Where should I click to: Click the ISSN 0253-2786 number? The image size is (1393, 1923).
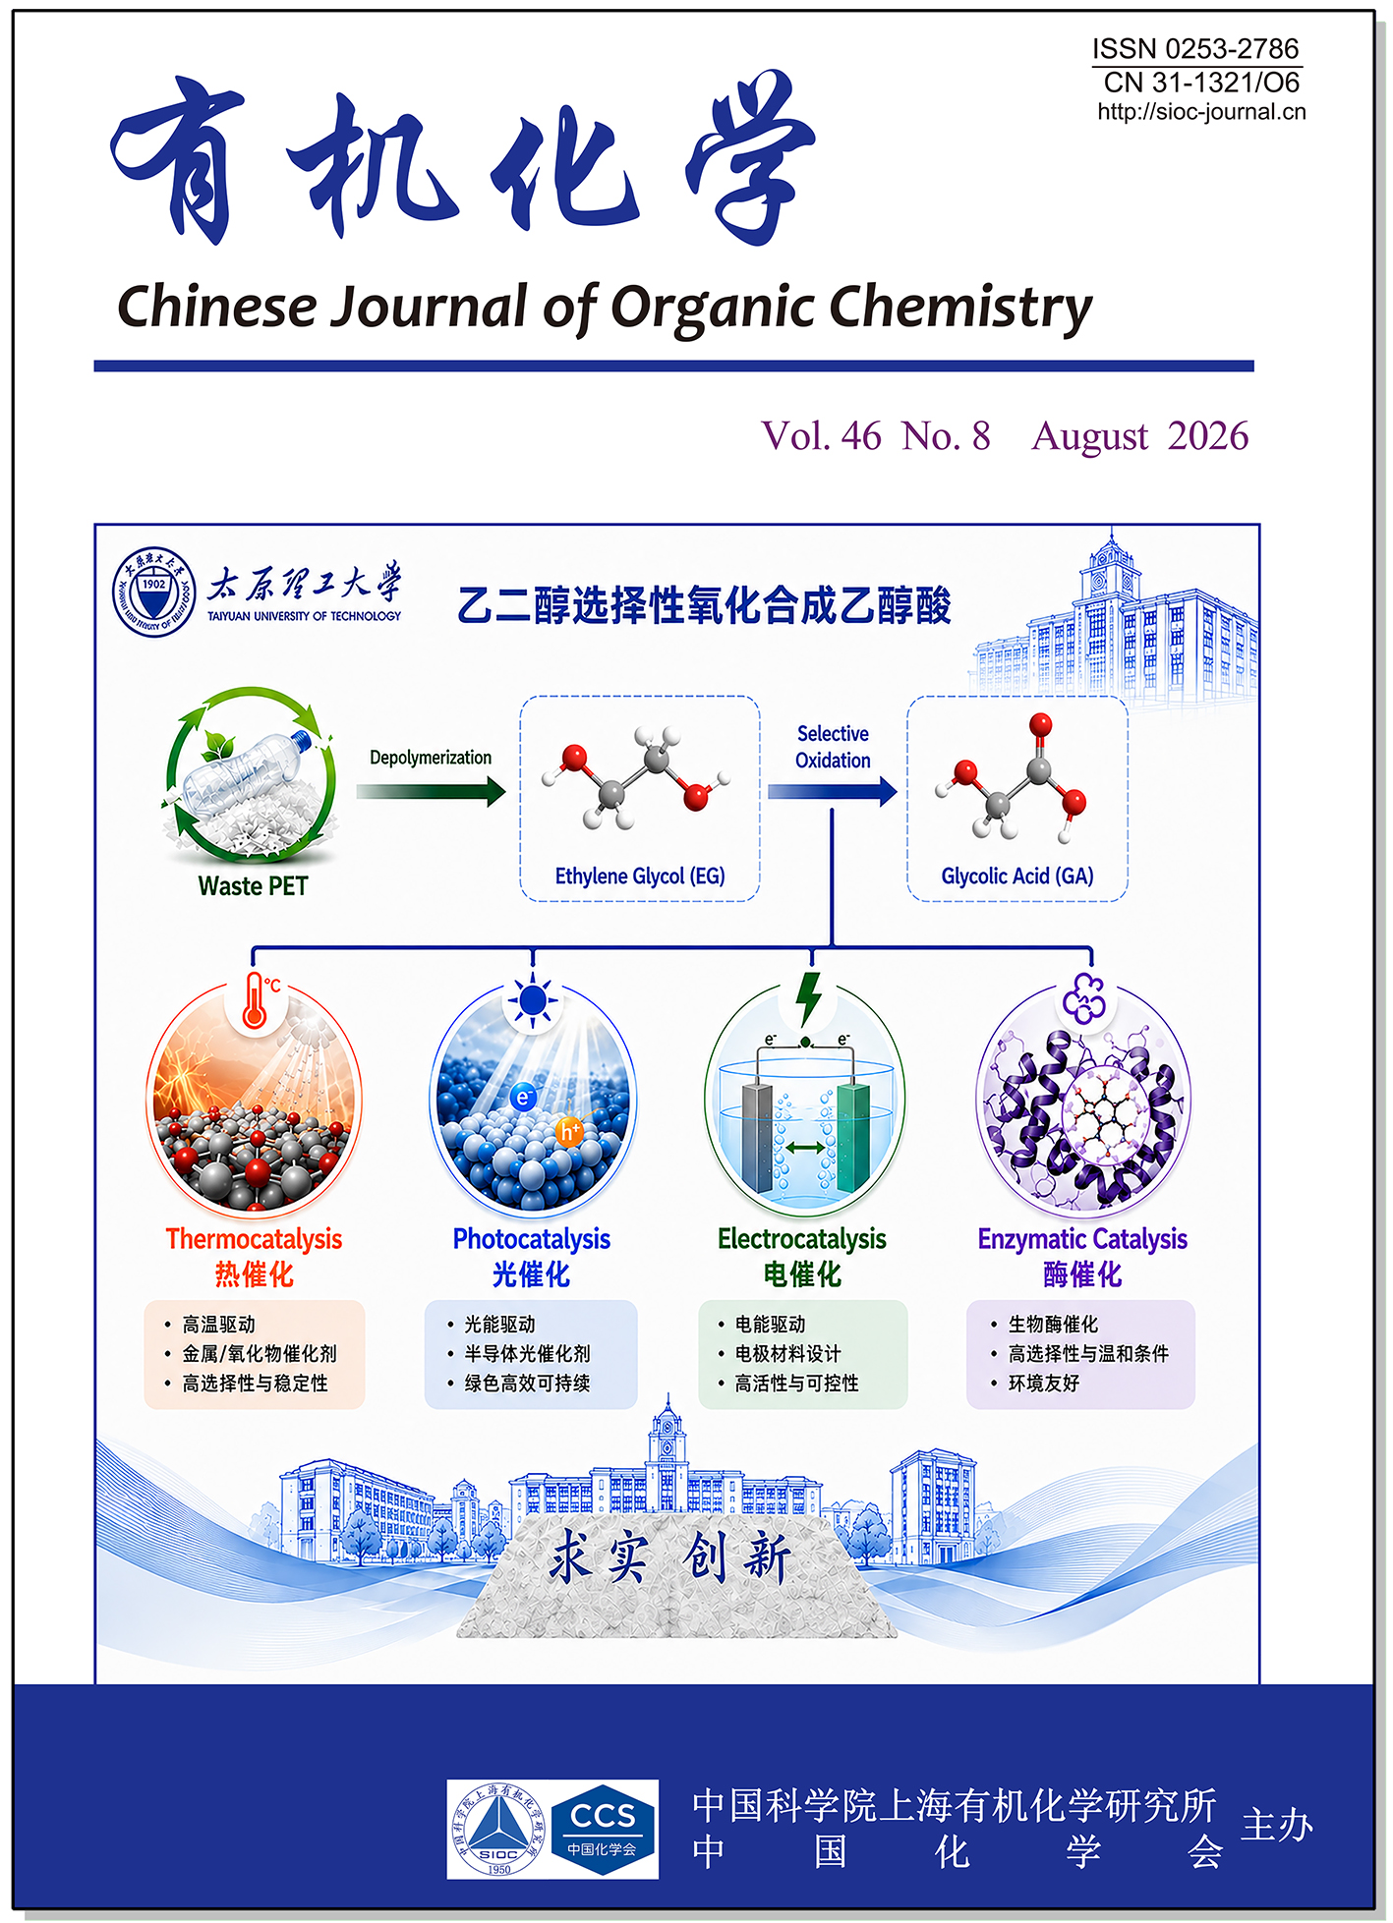[x=1195, y=48]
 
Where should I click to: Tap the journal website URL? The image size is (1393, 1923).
[x=1201, y=112]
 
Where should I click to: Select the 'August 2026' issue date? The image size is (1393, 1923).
[x=1140, y=435]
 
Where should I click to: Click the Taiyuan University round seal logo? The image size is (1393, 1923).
[x=154, y=592]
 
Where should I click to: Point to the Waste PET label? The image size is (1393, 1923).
[x=253, y=886]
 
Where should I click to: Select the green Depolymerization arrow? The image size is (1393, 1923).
[x=431, y=791]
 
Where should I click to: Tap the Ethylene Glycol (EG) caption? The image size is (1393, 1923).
[x=640, y=876]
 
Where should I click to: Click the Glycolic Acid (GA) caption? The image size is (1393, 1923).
[x=1017, y=876]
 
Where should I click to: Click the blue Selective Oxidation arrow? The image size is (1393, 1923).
[x=833, y=791]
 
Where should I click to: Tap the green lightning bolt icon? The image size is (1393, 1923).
[x=808, y=998]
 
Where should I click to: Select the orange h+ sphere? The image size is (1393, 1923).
[x=569, y=1132]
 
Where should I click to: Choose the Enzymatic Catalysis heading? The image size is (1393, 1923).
[x=1082, y=1239]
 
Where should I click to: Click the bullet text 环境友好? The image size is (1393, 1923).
[x=1044, y=1384]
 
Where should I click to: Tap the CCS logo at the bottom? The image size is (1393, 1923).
[x=603, y=1830]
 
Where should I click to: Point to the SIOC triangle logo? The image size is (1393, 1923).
[x=498, y=1829]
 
